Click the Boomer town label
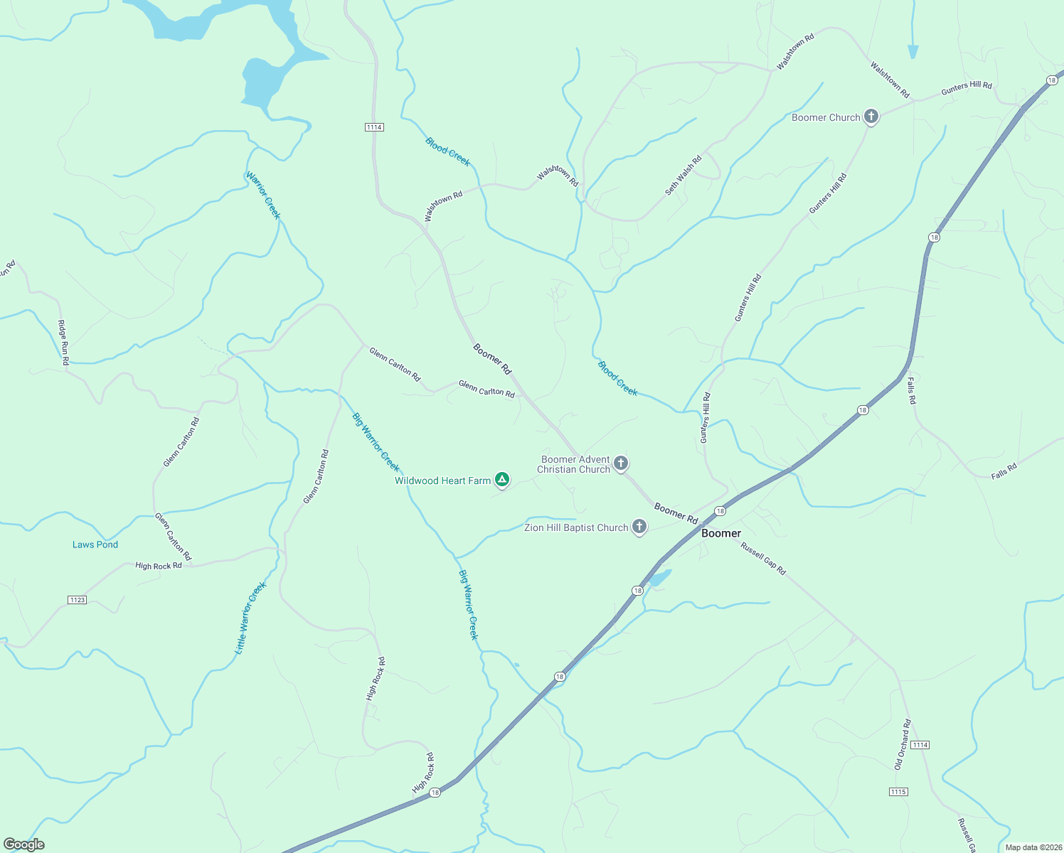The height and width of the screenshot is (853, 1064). (721, 533)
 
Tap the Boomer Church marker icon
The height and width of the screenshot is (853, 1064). (871, 117)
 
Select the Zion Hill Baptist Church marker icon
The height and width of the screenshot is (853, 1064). (639, 527)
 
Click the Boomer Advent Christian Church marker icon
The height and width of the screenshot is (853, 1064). (621, 463)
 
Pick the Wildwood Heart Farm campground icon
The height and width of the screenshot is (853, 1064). (502, 480)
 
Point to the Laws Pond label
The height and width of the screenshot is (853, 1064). (95, 544)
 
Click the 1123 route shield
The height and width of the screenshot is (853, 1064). (78, 600)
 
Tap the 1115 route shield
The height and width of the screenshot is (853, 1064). (898, 791)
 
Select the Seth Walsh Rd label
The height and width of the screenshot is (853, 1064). (683, 175)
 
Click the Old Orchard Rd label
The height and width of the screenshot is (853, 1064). (903, 745)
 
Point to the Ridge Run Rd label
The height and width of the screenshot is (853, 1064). (63, 343)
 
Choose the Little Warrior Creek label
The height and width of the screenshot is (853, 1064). (250, 618)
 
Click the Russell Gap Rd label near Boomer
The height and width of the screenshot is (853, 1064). (763, 559)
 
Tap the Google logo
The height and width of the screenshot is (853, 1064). (23, 844)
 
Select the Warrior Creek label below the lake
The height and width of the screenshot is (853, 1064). (263, 195)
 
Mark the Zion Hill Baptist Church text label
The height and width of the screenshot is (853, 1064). (576, 527)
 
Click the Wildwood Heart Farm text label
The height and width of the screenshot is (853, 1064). (442, 481)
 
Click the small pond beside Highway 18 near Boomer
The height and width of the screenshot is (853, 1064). (659, 578)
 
